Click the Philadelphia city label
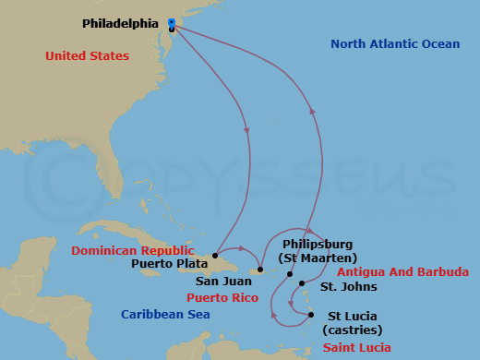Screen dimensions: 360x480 coord(119,22)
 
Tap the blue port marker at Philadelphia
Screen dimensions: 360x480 coord(172,22)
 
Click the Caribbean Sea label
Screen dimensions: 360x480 coord(165,314)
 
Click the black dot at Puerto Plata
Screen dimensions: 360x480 coord(215,255)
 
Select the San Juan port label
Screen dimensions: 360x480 coord(219,282)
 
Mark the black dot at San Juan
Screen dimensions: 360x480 coord(261,270)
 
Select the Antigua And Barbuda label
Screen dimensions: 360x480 coord(402,271)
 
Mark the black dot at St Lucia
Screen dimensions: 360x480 coord(311,315)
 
